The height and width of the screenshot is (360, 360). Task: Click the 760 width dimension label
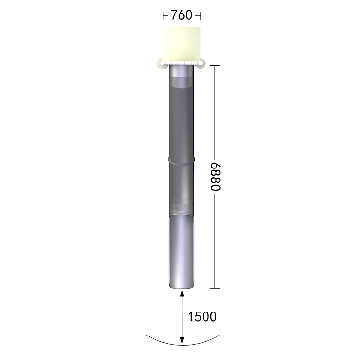coord(181,15)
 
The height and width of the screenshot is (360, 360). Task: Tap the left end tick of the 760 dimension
coord(163,16)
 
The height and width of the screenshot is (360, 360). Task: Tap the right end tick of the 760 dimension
coord(201,16)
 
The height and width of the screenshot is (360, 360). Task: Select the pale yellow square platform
coord(181,45)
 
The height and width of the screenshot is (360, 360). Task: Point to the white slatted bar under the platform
coord(181,63)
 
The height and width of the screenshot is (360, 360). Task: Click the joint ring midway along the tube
coord(181,160)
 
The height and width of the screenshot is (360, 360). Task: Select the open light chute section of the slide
coord(181,252)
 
